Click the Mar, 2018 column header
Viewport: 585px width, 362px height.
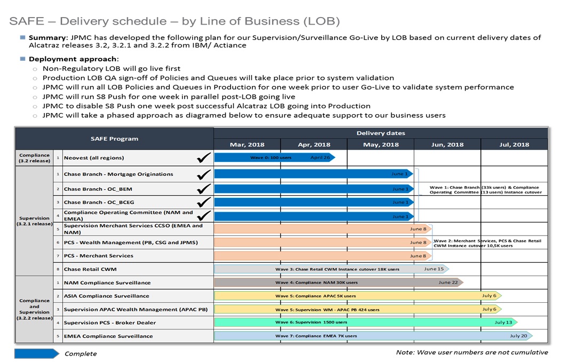[247, 144]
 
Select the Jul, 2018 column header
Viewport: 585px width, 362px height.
[514, 144]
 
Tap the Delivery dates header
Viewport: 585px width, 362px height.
[381, 133]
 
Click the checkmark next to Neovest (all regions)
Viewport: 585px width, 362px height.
[204, 157]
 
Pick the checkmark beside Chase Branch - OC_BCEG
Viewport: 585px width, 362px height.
[204, 202]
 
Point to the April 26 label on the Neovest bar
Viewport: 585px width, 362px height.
[320, 157]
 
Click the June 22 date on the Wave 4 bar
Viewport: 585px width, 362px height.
[448, 283]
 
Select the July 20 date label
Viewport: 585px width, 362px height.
[518, 336]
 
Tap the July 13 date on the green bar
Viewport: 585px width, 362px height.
[503, 323]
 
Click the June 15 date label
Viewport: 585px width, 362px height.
[433, 269]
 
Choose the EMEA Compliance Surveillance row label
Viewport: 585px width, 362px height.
[108, 336]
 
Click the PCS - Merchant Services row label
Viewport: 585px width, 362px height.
[99, 256]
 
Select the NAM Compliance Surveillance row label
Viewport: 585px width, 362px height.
[107, 283]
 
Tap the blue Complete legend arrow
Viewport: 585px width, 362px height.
[36, 353]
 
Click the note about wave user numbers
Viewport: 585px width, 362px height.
[471, 352]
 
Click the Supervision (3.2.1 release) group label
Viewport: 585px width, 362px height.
[35, 221]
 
